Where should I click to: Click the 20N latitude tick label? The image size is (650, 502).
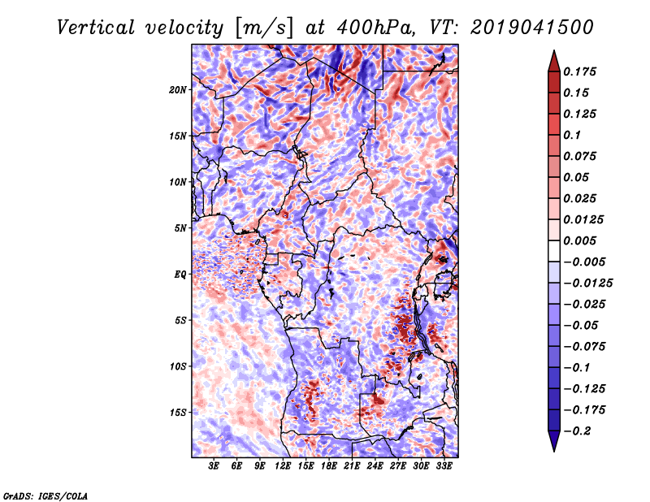(177, 89)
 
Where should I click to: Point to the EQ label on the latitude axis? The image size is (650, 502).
(180, 274)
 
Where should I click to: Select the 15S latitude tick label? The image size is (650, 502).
(177, 413)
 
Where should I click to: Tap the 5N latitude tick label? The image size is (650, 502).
(180, 228)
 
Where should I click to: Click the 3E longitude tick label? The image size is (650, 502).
(214, 465)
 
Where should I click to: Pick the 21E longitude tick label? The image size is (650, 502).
(352, 465)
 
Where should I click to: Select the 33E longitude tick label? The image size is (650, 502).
(444, 465)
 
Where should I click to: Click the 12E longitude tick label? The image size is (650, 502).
(283, 465)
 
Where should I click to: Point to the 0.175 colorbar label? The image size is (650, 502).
(579, 71)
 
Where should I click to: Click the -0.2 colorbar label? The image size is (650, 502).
(577, 431)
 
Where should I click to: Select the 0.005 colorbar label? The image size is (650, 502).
(579, 240)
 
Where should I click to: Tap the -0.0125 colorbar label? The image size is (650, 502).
(587, 283)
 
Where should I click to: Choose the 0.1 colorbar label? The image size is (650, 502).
(572, 135)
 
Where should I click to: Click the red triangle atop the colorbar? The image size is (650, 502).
(554, 63)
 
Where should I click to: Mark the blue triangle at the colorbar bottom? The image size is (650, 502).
(554, 440)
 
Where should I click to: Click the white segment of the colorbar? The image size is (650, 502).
(554, 251)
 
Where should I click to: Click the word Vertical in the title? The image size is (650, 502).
(96, 28)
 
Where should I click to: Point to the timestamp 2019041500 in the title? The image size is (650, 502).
(532, 28)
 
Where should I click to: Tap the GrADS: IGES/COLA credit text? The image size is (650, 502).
(45, 496)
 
